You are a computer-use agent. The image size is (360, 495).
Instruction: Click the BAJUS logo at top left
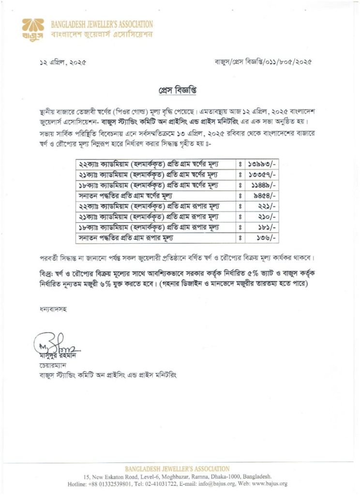pos(33,29)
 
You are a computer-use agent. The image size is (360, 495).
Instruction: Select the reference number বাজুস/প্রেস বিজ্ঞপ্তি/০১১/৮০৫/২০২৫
pos(263,62)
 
